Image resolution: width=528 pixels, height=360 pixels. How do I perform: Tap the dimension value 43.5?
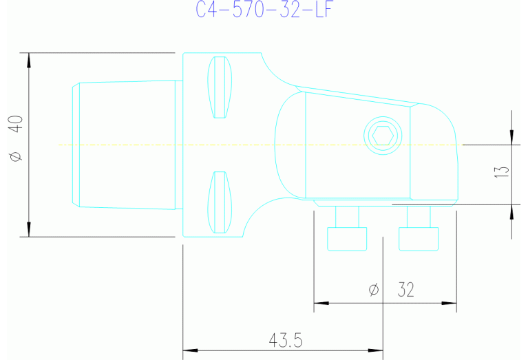(286, 340)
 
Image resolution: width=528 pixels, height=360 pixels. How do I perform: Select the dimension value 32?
(406, 290)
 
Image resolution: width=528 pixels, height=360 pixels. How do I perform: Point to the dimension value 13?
(502, 172)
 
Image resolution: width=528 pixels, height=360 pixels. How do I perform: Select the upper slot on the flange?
(220, 87)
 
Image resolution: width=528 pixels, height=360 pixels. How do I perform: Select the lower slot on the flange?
(220, 202)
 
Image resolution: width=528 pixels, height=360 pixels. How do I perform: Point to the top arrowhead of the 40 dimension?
(29, 60)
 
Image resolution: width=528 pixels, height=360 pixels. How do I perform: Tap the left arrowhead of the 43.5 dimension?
(189, 350)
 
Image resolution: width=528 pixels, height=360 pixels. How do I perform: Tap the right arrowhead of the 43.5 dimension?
(376, 350)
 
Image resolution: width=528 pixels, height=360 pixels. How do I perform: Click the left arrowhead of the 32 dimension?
(321, 303)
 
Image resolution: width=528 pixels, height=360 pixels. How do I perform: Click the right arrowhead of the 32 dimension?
(450, 303)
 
